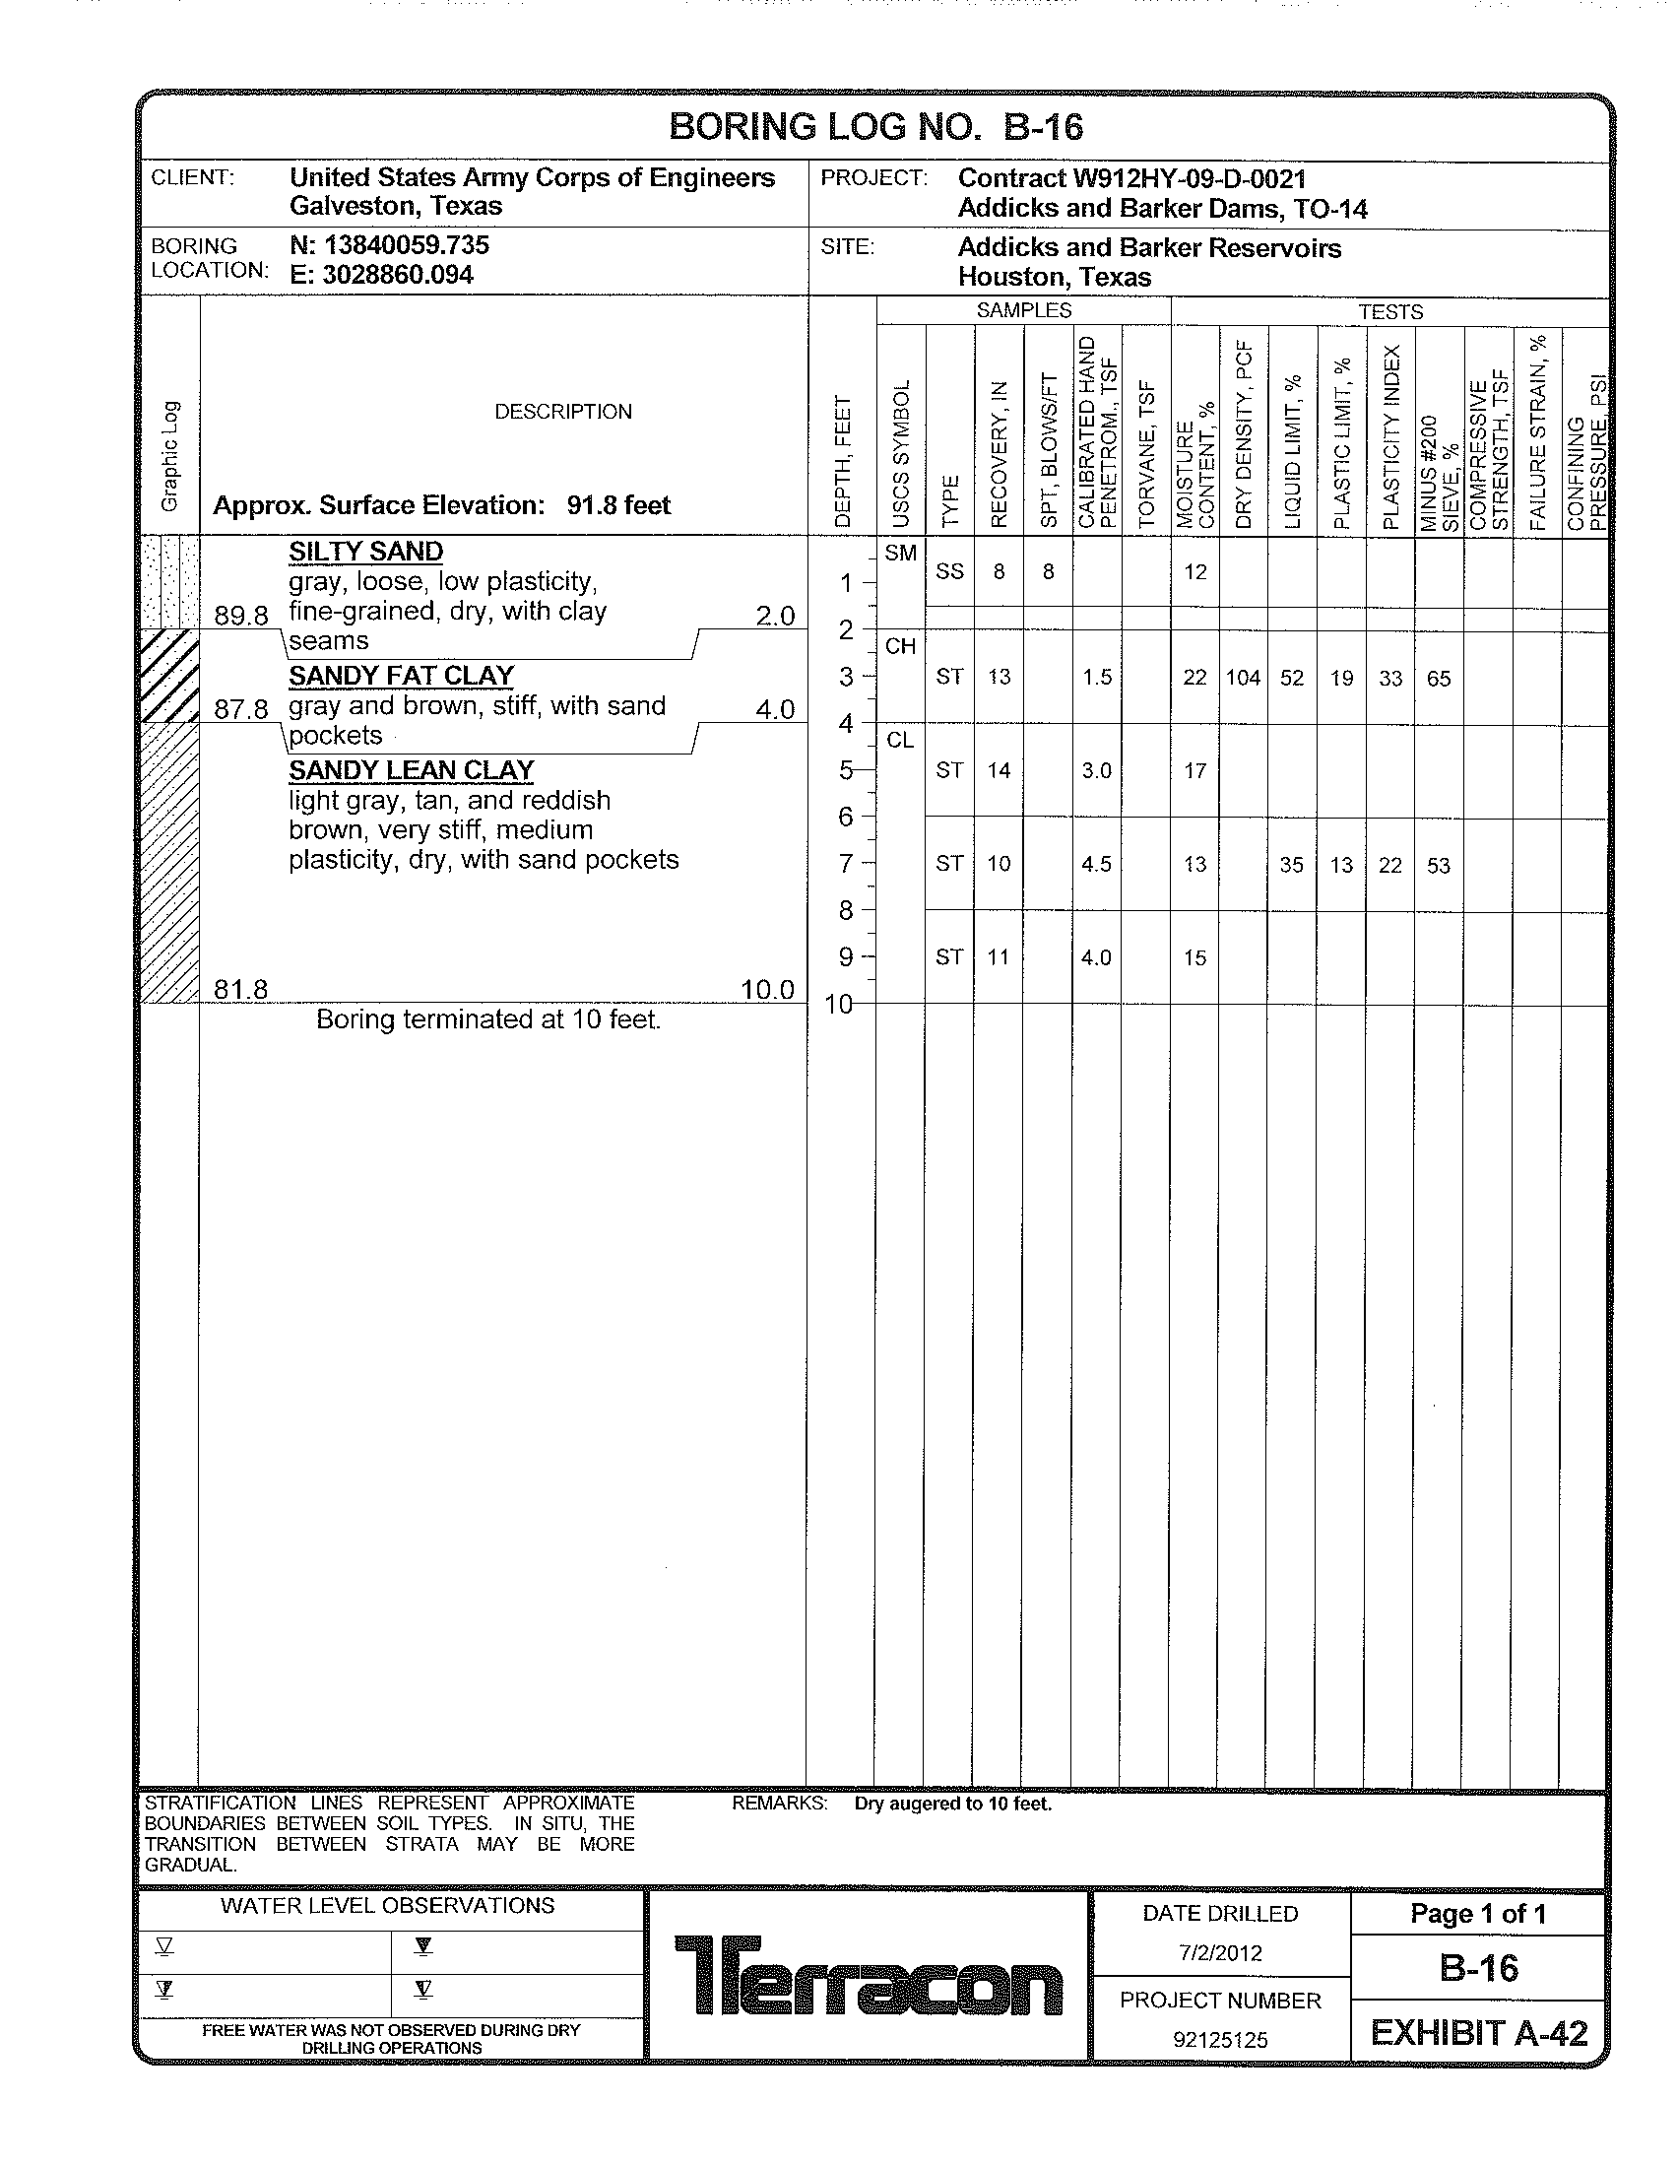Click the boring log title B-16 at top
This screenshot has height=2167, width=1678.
(875, 127)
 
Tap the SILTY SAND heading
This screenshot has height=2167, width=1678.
(366, 552)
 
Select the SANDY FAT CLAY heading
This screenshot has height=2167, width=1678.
(402, 676)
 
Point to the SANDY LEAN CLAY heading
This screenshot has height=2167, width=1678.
(412, 770)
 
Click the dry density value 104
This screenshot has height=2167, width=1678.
(1243, 678)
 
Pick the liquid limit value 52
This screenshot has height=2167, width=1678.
(1291, 678)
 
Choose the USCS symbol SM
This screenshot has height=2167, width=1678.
(899, 553)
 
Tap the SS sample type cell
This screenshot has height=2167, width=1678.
(949, 571)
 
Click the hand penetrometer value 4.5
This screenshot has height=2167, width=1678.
(1096, 864)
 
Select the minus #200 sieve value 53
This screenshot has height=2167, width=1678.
(1438, 865)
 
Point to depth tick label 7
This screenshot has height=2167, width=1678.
(846, 864)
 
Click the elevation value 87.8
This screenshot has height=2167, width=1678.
(241, 709)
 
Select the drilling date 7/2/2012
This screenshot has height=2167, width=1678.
(1220, 1952)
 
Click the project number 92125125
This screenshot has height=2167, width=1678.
(1220, 2040)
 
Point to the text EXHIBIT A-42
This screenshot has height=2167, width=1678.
(1479, 2033)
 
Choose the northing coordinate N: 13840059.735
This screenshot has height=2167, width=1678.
(390, 245)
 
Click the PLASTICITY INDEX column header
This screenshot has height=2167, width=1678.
(1390, 436)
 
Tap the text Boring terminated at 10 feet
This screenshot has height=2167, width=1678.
(487, 1020)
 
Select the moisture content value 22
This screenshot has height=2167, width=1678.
(1195, 678)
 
